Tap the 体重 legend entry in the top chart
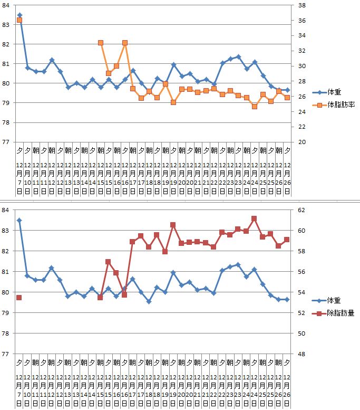tap(328, 92)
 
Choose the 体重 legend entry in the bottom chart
tap(328, 300)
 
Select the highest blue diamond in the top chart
tap(20, 15)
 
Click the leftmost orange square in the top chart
tap(20, 20)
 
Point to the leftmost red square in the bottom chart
tap(20, 298)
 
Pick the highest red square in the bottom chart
tap(254, 218)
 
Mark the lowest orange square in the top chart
tap(254, 106)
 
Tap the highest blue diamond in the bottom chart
tap(20, 221)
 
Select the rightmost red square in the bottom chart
tap(287, 240)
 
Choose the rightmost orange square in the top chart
tap(287, 98)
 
